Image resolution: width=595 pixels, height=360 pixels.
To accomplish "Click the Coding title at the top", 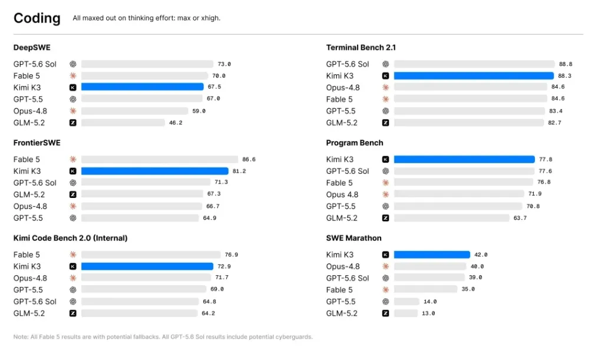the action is tap(37, 18).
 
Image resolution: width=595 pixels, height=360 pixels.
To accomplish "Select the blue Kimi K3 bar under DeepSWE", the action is tap(143, 87).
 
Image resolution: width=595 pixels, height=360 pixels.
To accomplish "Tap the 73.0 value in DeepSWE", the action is tap(224, 64).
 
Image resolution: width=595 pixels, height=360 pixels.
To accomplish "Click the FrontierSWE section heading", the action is tap(37, 143).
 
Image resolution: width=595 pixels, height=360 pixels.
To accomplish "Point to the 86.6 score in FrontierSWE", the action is tap(249, 159).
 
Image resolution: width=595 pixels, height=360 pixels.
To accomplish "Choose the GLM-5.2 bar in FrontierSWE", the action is tap(142, 194).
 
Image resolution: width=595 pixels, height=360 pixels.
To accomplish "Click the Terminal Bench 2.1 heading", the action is tap(361, 47).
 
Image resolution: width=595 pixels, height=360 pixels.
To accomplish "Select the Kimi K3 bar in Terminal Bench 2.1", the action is tap(474, 76).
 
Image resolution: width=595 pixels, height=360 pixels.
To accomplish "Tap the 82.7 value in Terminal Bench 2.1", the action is tap(554, 123).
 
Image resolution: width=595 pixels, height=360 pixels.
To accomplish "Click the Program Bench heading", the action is tap(355, 143).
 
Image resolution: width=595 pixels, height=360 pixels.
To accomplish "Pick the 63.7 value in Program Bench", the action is tap(520, 218).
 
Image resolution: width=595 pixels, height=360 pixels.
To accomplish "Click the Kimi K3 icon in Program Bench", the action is tap(385, 159).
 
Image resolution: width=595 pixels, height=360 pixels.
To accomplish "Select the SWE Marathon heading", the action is tap(353, 238).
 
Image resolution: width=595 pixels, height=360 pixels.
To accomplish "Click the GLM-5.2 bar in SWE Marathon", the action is tap(406, 313).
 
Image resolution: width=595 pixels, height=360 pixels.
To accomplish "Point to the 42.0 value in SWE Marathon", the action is tap(481, 255).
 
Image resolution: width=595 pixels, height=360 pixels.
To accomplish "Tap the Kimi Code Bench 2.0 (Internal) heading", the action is tap(70, 238).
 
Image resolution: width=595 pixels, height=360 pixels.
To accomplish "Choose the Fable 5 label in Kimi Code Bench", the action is tap(27, 255).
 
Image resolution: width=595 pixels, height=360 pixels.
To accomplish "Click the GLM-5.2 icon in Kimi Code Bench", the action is tap(73, 313).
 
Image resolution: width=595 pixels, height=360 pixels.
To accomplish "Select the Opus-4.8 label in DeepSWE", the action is tap(31, 111).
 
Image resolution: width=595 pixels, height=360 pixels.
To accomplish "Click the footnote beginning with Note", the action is tap(163, 337).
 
